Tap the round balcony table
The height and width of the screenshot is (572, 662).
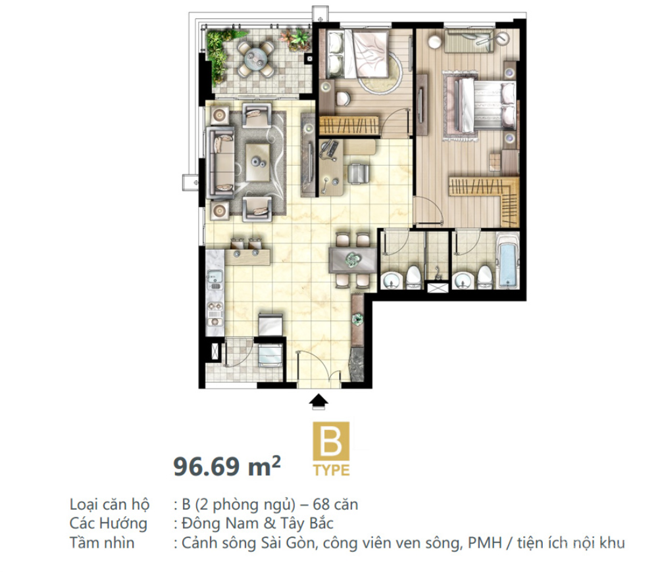coord(255,59)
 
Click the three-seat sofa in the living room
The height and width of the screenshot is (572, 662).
coord(219,162)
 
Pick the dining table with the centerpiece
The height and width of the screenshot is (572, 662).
coord(352,260)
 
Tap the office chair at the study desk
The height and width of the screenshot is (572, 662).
coord(359,174)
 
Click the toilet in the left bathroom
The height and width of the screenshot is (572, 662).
coord(413,276)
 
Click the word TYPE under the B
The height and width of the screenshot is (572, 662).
coord(332,470)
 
